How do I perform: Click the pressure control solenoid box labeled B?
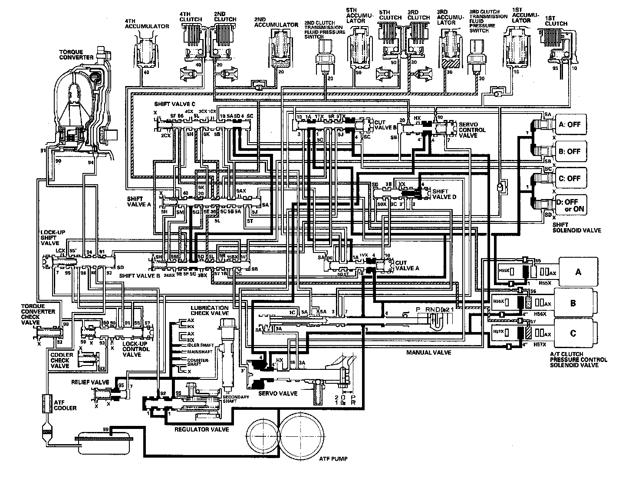click(573, 303)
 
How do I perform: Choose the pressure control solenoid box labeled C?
click(573, 333)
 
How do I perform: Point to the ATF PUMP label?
click(332, 458)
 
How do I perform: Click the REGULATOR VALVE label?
click(201, 429)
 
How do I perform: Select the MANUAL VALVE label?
click(428, 352)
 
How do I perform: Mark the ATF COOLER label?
click(65, 405)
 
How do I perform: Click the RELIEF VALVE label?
click(90, 382)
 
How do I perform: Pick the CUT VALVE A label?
click(407, 266)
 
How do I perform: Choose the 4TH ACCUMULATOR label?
click(147, 23)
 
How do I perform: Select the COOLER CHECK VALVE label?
click(60, 360)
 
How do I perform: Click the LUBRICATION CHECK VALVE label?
click(209, 310)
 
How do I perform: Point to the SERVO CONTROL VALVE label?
click(472, 130)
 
